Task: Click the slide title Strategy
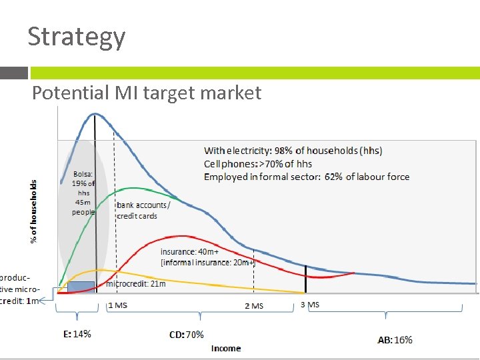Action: coord(76,37)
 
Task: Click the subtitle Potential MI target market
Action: coord(147,93)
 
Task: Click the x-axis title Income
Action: coord(226,348)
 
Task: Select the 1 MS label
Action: coord(117,305)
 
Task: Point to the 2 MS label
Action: coord(254,306)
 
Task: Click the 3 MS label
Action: coord(310,305)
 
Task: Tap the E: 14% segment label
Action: coord(77,334)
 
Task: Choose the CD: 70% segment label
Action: coord(187,335)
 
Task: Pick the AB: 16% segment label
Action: coord(395,340)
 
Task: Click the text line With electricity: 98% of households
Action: coord(293,151)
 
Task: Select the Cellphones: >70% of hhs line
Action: coord(258,164)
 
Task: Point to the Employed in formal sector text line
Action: coord(307,177)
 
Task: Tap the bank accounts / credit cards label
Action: coord(143,211)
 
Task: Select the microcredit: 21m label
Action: coord(137,284)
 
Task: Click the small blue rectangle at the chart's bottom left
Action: coord(81,287)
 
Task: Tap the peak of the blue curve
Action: coord(95,114)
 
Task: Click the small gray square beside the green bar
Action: coord(14,73)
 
